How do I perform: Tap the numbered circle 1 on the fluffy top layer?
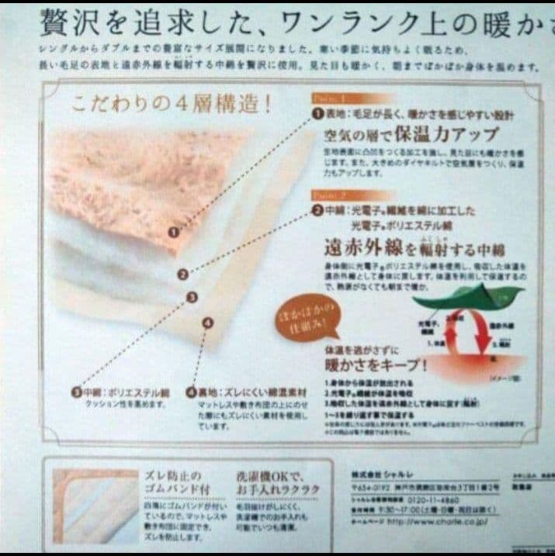point(174,230)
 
